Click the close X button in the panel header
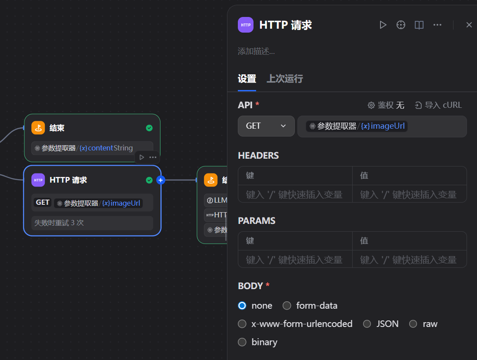tap(469, 25)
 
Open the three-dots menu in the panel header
tap(437, 25)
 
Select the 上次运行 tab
tap(284, 79)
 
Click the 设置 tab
tap(247, 79)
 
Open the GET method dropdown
tap(266, 126)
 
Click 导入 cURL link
tap(438, 105)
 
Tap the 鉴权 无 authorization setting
tap(386, 105)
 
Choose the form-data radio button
tap(287, 306)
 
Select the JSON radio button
tap(367, 324)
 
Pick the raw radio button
tap(413, 324)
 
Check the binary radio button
tap(242, 342)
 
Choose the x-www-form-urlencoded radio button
tap(242, 324)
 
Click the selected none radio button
tap(242, 306)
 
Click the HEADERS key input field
tap(295, 194)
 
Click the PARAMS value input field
tap(409, 260)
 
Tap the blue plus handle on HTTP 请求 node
tap(160, 180)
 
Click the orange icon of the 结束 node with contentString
tap(38, 128)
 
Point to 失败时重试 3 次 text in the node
tap(59, 223)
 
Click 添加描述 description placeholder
tap(257, 51)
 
